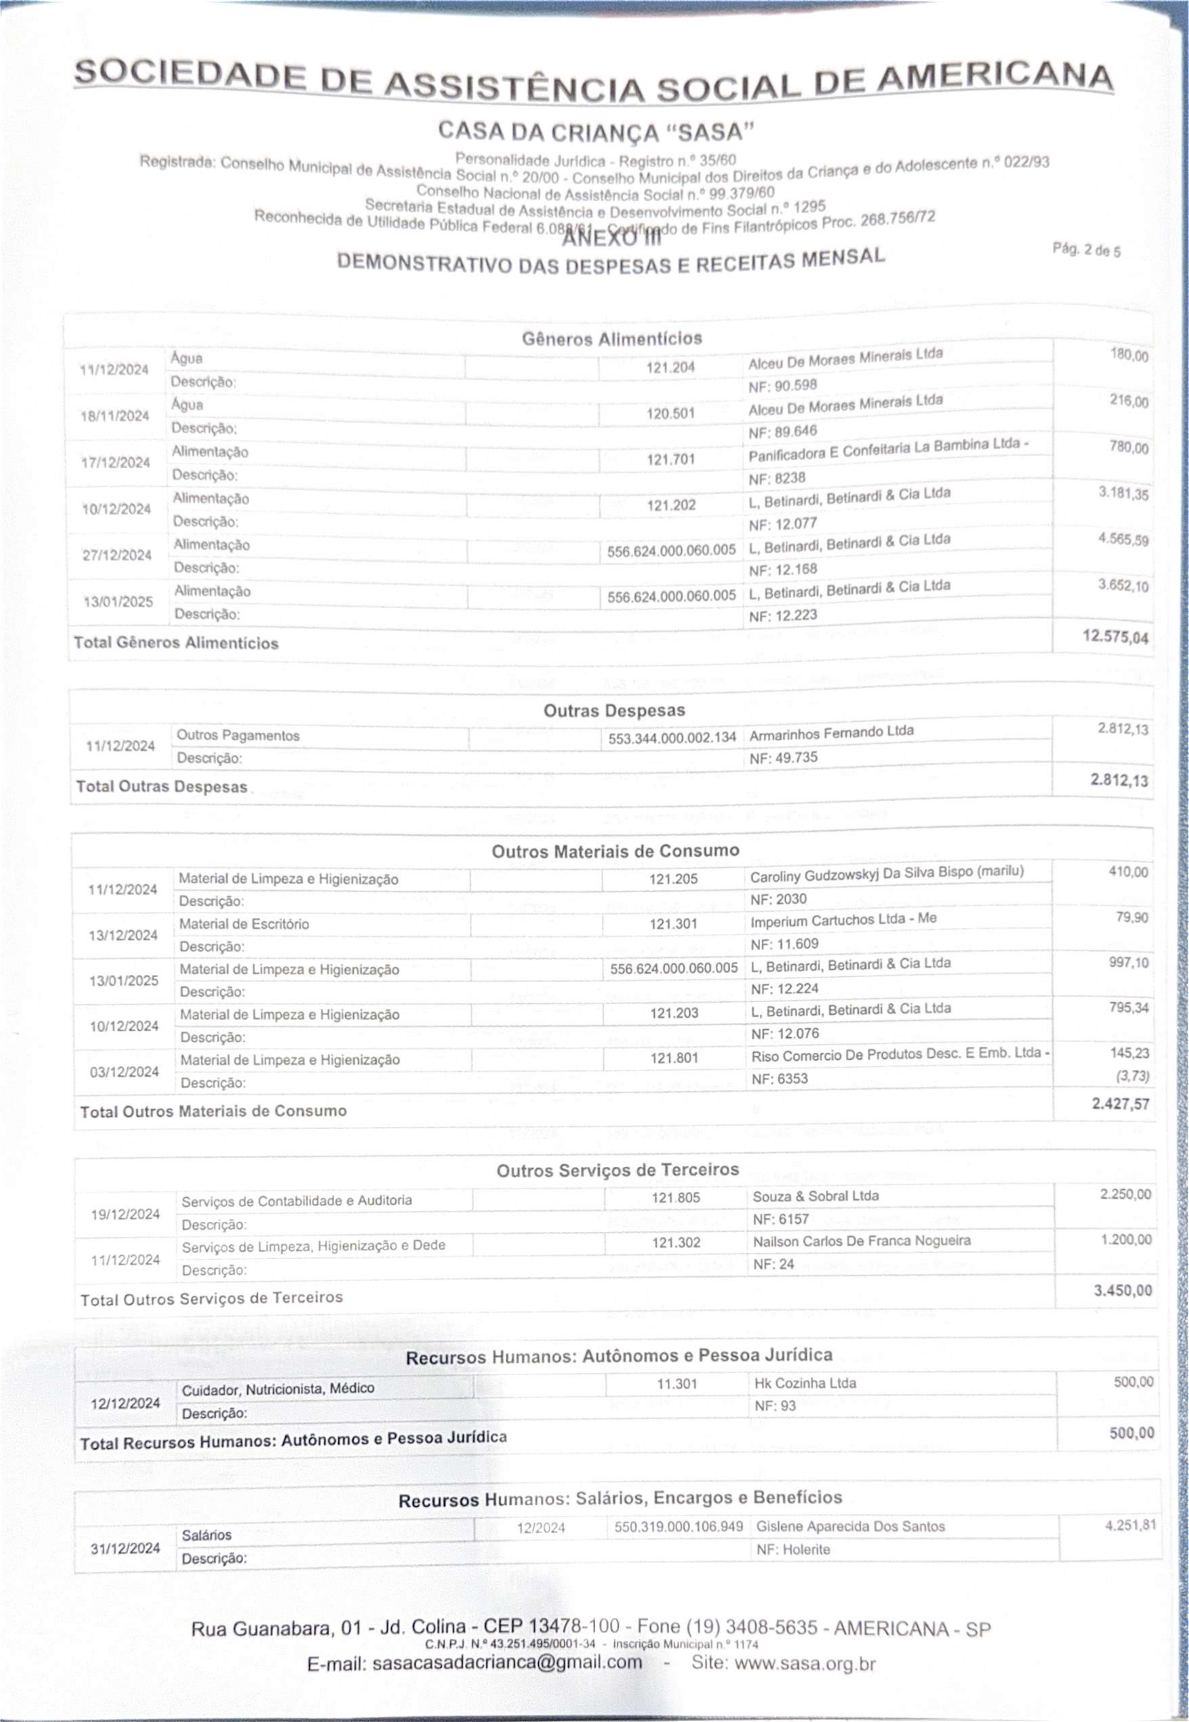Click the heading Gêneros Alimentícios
pyautogui.click(x=612, y=339)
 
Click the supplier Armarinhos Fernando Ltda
pyautogui.click(x=831, y=732)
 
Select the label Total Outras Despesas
pyautogui.click(x=162, y=787)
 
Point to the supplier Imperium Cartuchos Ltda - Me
pyautogui.click(x=843, y=919)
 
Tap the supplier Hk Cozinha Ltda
pyautogui.click(x=804, y=1383)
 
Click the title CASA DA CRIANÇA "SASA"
pyautogui.click(x=596, y=132)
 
